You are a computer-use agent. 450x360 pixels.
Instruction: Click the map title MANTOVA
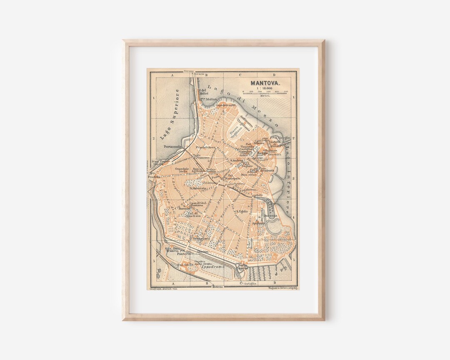tap(265, 83)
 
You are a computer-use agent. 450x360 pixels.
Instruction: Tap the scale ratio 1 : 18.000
tap(264, 88)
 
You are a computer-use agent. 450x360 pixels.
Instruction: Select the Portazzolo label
tap(172, 147)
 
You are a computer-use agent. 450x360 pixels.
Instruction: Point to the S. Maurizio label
tap(198, 188)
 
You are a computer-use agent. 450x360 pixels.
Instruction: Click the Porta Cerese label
tap(242, 266)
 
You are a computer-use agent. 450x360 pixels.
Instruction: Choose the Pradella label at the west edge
tap(153, 177)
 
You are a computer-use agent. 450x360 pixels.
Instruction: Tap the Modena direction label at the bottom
tap(217, 287)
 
